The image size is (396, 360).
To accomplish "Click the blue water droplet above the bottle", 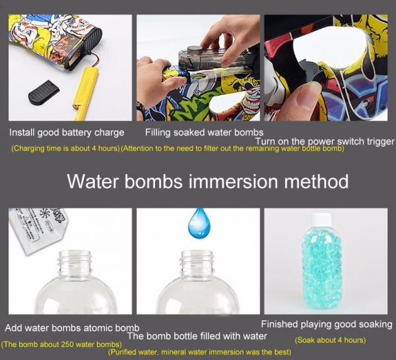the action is [x=199, y=224].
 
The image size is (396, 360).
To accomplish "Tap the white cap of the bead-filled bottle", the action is [x=322, y=219].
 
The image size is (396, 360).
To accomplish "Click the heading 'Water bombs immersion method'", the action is [x=208, y=181].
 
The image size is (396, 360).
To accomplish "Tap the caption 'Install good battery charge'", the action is [x=67, y=133].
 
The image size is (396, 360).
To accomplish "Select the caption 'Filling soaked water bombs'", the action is [x=204, y=133].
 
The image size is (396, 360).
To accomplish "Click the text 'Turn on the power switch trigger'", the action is [x=325, y=142].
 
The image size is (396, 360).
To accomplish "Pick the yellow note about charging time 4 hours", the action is [x=65, y=148].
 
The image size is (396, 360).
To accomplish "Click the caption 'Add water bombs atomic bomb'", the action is [x=72, y=328].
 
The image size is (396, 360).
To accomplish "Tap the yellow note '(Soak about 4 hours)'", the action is [x=331, y=340].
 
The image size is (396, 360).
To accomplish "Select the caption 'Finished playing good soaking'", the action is [x=327, y=324].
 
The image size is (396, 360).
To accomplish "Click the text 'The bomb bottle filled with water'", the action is [x=197, y=336].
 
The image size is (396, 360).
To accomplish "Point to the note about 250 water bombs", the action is [x=61, y=344].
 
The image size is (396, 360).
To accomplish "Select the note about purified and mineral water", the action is [x=199, y=352].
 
